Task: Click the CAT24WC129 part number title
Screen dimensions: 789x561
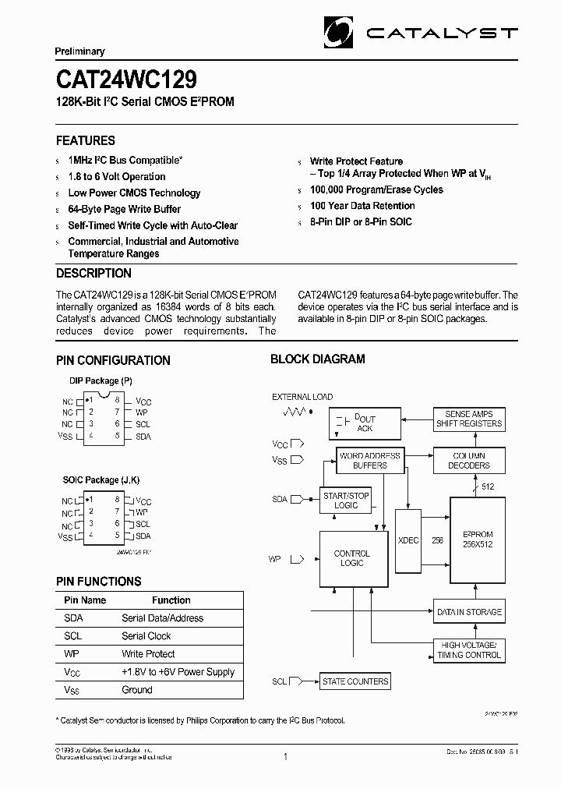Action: pos(125,80)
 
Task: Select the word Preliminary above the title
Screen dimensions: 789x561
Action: pos(79,51)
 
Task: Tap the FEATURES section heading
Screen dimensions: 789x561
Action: pos(86,141)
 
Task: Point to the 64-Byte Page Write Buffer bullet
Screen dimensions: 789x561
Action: pos(124,209)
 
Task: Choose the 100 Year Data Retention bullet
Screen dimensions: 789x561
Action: pos(362,206)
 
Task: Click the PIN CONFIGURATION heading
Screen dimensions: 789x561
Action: pos(113,360)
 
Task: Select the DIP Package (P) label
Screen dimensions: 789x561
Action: pos(101,381)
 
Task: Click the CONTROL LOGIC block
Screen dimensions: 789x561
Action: pos(352,558)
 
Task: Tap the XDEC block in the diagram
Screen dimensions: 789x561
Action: pos(408,540)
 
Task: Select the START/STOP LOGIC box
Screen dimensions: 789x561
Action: pos(346,501)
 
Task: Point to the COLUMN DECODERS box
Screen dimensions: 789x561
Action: pos(470,460)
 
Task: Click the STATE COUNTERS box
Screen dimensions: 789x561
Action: pos(355,681)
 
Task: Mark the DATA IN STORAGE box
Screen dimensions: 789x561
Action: pos(469,612)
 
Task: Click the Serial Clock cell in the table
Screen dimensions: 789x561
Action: pos(146,636)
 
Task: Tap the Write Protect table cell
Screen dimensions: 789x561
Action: pos(148,654)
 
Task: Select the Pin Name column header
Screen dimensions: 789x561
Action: pos(85,600)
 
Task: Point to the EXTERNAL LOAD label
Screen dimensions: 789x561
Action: pos(302,397)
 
